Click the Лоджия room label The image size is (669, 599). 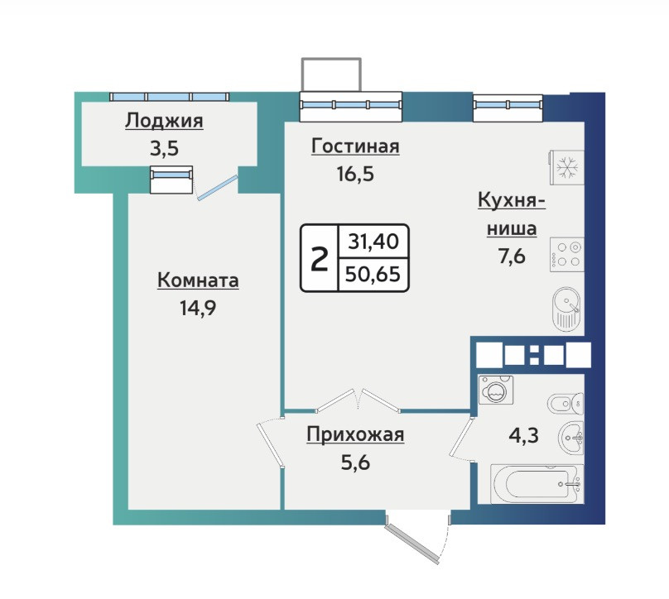(164, 122)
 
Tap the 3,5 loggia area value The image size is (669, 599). (164, 148)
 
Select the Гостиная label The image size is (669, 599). (355, 146)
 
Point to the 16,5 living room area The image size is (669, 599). (355, 174)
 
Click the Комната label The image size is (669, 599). (198, 280)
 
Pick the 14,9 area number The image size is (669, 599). (198, 308)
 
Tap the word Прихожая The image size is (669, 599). (355, 435)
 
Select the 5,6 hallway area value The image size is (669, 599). (355, 462)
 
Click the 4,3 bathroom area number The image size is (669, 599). (524, 435)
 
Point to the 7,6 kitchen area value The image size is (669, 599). (512, 256)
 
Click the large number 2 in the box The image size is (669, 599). (319, 259)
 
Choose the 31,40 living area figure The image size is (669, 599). (373, 242)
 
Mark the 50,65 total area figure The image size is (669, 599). (373, 274)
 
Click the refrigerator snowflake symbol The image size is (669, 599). (567, 168)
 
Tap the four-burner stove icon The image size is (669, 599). (566, 255)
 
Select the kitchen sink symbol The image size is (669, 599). (566, 309)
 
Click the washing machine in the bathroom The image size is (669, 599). (496, 390)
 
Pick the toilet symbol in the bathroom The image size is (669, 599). (566, 403)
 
